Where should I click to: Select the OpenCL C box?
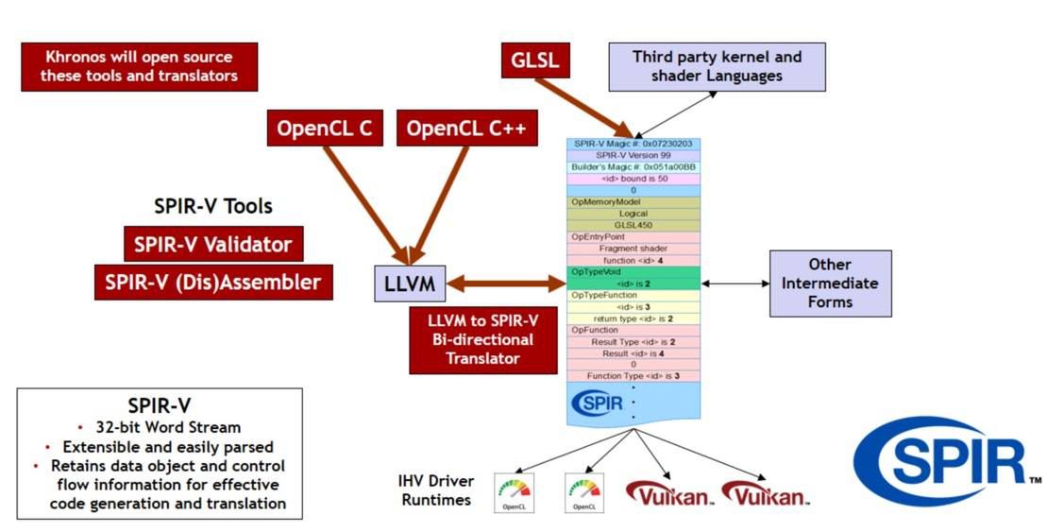click(325, 128)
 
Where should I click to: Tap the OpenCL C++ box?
click(466, 128)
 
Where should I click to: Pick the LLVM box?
click(409, 282)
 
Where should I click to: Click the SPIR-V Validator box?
click(212, 244)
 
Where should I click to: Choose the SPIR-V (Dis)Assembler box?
click(213, 282)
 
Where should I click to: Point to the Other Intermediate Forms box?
click(830, 283)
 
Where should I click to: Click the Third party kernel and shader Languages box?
click(717, 66)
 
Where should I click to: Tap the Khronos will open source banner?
click(139, 66)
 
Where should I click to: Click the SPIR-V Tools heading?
click(213, 206)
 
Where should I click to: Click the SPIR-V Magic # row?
click(634, 144)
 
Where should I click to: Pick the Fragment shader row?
click(634, 248)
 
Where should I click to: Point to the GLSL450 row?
click(634, 225)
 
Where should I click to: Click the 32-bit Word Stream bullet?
click(159, 427)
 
